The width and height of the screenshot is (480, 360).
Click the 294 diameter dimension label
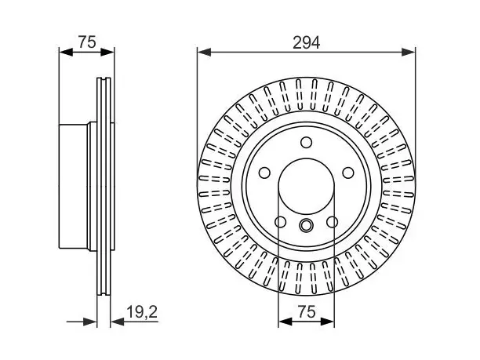click(306, 42)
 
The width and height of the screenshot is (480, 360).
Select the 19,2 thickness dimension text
click(142, 312)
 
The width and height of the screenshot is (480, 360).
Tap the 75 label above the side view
click(87, 42)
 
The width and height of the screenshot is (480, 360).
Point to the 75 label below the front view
click(306, 312)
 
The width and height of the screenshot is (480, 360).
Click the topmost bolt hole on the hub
click(306, 142)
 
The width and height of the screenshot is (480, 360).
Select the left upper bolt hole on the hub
click(264, 173)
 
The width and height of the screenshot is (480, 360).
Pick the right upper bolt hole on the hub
click(348, 173)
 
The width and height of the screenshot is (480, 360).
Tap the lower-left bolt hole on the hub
click(281, 222)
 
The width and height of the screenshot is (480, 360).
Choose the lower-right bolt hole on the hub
click(332, 222)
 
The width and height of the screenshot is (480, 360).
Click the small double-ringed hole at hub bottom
click(306, 225)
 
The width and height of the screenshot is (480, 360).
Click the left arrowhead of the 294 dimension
click(205, 52)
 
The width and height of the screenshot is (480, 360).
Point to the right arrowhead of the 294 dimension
click(409, 52)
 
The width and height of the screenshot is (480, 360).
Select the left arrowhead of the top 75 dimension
click(66, 52)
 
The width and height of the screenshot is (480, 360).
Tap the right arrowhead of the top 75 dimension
click(107, 52)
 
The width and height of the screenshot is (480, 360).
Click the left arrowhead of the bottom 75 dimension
click(285, 322)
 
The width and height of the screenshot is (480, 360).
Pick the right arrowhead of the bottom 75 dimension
click(327, 322)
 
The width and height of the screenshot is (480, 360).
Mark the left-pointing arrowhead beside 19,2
click(117, 322)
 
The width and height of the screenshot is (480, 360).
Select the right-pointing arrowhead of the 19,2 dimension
click(90, 322)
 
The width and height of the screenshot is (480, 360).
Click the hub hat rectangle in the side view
click(74, 187)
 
